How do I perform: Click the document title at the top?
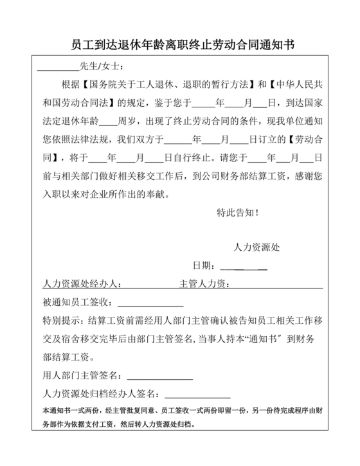[x=180, y=44]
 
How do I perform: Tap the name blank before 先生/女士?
[x=57, y=67]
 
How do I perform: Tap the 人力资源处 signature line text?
[x=256, y=247]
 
